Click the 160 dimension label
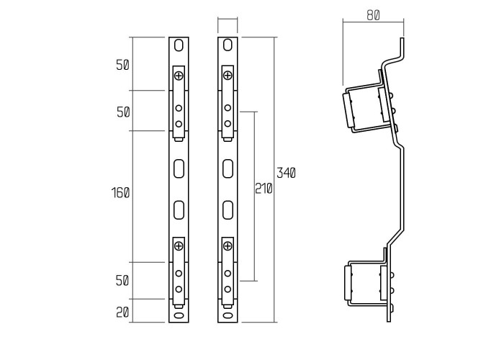(x=121, y=193)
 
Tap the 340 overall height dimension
(x=287, y=173)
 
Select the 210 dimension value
(x=264, y=189)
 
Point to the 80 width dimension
(x=373, y=15)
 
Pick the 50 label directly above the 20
(x=122, y=280)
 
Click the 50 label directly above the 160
(x=122, y=112)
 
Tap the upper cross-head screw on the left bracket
(x=179, y=75)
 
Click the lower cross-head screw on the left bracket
(x=179, y=246)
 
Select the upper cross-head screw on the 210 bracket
(x=228, y=75)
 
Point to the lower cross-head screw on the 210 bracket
(x=228, y=246)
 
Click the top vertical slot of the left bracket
(x=179, y=45)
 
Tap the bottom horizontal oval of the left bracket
(x=179, y=315)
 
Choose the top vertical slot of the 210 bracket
(x=228, y=45)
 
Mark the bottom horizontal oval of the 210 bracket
(x=228, y=315)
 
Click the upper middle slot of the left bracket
(x=179, y=168)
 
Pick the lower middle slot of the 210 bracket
(x=228, y=210)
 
